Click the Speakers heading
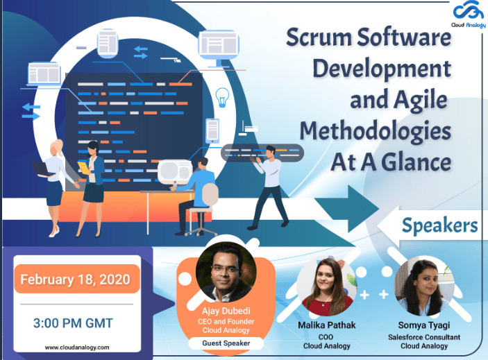tap(439, 225)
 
